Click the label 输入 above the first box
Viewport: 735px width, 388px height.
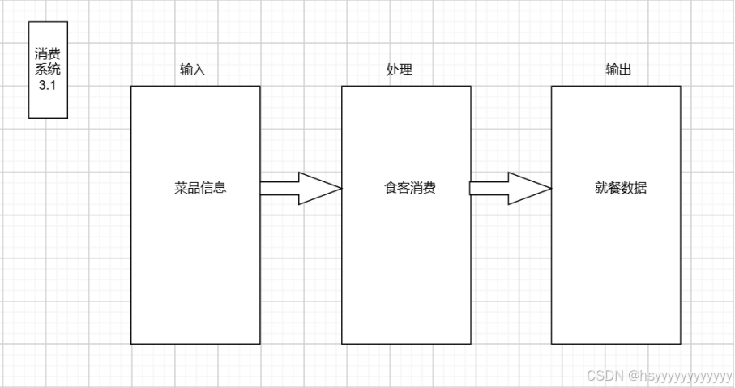pyautogui.click(x=192, y=70)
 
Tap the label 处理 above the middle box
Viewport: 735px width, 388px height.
pyautogui.click(x=399, y=70)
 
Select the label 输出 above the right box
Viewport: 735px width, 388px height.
pyautogui.click(x=618, y=70)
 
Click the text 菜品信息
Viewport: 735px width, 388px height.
pyautogui.click(x=200, y=189)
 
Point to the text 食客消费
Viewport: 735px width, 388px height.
pyautogui.click(x=409, y=189)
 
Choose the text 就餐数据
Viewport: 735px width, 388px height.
pyautogui.click(x=621, y=189)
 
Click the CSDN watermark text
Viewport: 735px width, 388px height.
pyautogui.click(x=602, y=376)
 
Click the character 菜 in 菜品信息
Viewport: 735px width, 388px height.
pyautogui.click(x=181, y=189)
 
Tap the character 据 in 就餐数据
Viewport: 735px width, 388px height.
pyautogui.click(x=640, y=189)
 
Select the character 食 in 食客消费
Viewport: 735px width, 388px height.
pyautogui.click(x=390, y=189)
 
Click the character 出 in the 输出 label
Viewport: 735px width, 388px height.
pyautogui.click(x=625, y=70)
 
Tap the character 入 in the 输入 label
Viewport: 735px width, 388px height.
pyautogui.click(x=199, y=70)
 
